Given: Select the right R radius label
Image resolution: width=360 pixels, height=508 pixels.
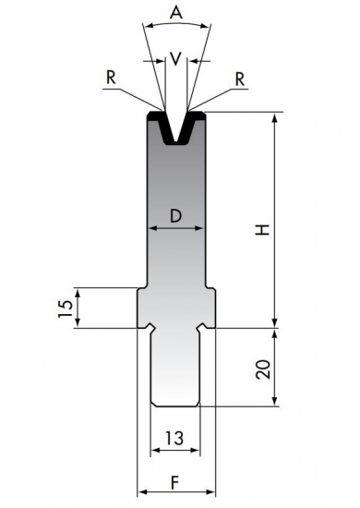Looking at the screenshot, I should [241, 79].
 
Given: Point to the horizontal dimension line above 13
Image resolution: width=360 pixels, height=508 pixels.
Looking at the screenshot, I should [175, 451].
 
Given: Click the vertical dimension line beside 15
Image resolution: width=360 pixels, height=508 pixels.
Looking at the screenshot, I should [78, 308].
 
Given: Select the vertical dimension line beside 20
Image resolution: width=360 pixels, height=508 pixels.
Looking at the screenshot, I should [276, 367].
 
